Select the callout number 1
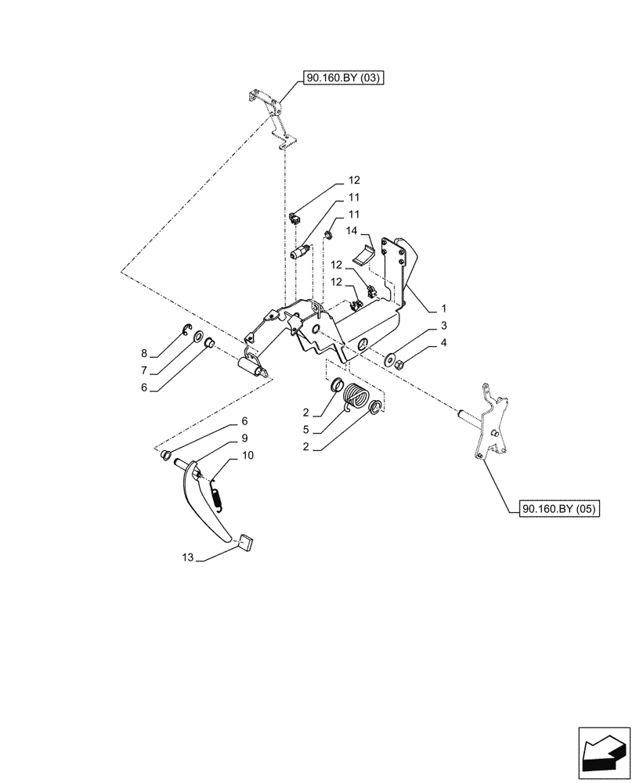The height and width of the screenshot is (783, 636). click(x=443, y=308)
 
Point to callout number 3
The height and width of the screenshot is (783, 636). click(x=443, y=325)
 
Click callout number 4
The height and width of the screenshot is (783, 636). click(x=443, y=342)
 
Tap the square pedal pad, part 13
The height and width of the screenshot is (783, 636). click(x=246, y=541)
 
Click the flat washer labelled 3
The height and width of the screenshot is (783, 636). click(x=389, y=359)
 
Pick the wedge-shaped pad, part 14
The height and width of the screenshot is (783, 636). click(x=365, y=255)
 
